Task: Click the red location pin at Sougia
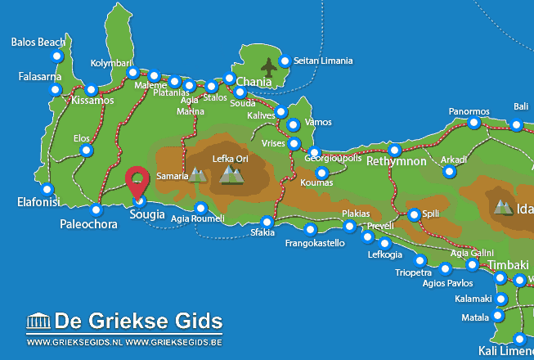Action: pos(139,180)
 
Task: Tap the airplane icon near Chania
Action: pos(268,65)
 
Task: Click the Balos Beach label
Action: pos(39,42)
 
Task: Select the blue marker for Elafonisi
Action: pos(46,186)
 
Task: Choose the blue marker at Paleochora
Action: pos(96,209)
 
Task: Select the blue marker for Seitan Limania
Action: pos(285,61)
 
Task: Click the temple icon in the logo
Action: pos(38,321)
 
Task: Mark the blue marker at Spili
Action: pos(414,214)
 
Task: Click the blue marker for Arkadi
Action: pos(449,172)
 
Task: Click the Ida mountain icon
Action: pos(502,208)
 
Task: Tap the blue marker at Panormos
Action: pos(474,124)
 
